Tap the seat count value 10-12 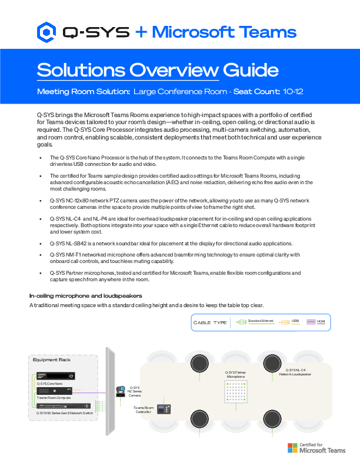tap(292, 92)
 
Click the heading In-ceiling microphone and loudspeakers tap(86, 295)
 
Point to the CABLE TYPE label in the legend tap(210, 322)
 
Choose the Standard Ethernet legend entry tap(256, 321)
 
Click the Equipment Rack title tap(52, 360)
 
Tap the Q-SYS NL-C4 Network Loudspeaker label tap(295, 371)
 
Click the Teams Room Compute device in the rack tap(55, 390)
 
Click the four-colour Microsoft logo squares tap(292, 448)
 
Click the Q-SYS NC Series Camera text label tap(135, 392)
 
